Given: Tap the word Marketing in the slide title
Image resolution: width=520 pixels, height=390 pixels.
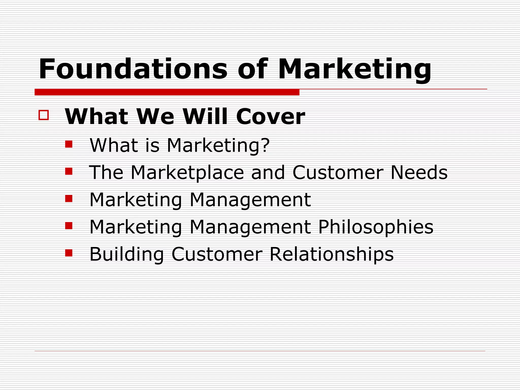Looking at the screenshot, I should pos(354,69).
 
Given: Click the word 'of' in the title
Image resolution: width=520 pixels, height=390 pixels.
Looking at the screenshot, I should pos(252,69).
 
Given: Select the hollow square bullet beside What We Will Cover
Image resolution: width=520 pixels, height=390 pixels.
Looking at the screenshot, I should pos(44,115).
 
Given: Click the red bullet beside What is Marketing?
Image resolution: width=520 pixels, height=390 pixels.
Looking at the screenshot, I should pos(69,144).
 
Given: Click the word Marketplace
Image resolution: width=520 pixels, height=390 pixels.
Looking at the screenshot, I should pos(187,172).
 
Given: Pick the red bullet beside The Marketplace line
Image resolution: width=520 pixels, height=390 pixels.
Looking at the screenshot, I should pos(69,171).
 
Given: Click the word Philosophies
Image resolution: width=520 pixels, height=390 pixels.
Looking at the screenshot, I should pos(376,227).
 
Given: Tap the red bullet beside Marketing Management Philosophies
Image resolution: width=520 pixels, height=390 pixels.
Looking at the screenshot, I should pos(69,226).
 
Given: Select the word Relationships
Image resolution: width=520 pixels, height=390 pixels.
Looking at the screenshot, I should pos(331,254).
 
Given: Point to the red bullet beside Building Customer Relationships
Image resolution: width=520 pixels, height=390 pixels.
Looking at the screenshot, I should pos(69,253).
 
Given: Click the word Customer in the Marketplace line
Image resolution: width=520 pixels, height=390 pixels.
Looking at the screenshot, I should pos(338,172).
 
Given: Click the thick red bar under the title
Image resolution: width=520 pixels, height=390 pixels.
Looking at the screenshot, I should pos(167,92).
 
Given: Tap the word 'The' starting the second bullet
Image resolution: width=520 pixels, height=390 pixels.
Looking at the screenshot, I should pos(106,172).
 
